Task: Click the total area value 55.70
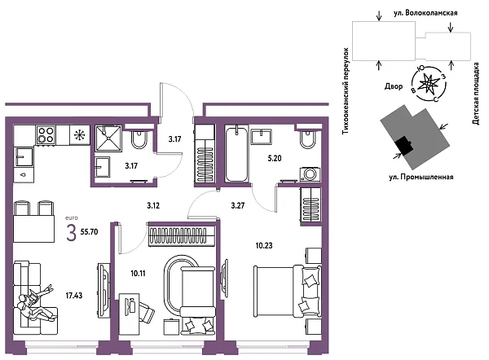click(90, 231)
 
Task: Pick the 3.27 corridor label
click(238, 206)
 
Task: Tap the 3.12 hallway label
click(153, 206)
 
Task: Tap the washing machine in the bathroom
click(310, 174)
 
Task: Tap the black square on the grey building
click(403, 146)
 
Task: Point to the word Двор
click(394, 84)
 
